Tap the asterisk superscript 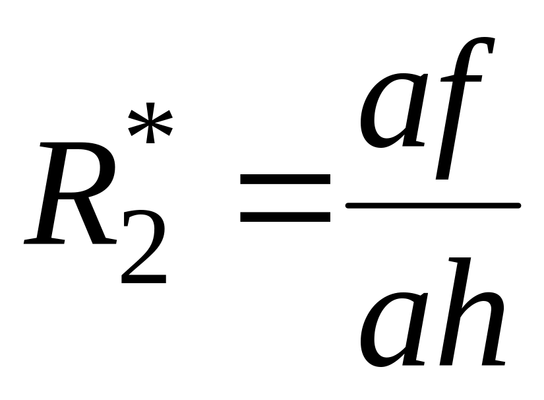tap(150, 124)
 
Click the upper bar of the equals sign tap(285, 179)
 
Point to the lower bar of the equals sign tap(285, 216)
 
